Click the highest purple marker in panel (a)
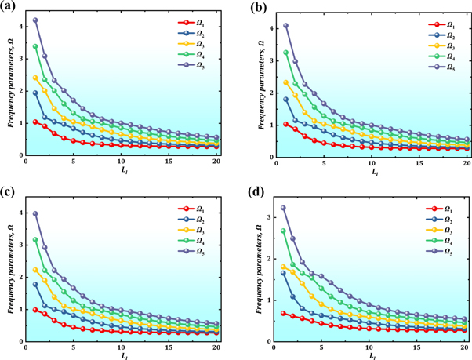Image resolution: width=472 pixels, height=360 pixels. [x=35, y=20]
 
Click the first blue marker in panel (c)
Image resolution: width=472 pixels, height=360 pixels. [x=35, y=285]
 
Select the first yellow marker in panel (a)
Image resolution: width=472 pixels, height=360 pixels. [x=35, y=78]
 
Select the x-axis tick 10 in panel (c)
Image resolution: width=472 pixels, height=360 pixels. [x=121, y=346]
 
